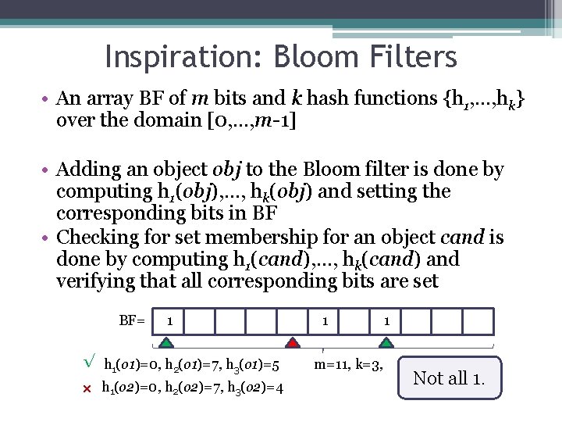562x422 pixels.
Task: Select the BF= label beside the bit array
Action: pyautogui.click(x=132, y=320)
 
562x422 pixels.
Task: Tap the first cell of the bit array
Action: pyautogui.click(x=170, y=321)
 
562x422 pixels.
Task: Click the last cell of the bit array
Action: pyautogui.click(x=479, y=321)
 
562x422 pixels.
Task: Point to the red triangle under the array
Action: pyautogui.click(x=292, y=342)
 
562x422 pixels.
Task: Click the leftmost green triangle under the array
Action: pyautogui.click(x=167, y=342)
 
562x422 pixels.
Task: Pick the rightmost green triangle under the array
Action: pyautogui.click(x=386, y=342)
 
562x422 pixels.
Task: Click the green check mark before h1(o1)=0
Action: pyautogui.click(x=88, y=362)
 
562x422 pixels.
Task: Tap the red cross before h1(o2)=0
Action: pyautogui.click(x=87, y=388)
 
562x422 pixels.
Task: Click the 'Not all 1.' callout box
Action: pyautogui.click(x=449, y=378)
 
